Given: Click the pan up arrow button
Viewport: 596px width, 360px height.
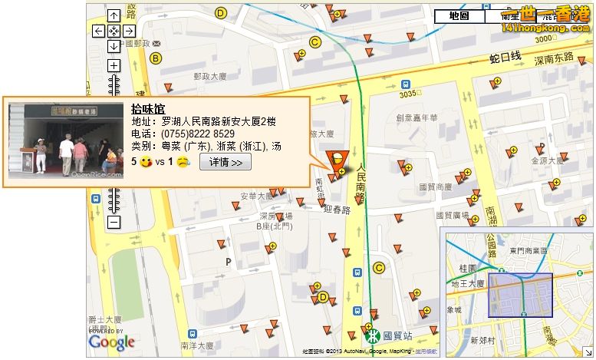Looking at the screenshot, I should (x=114, y=15).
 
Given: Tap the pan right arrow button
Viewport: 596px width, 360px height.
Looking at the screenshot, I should (x=129, y=31).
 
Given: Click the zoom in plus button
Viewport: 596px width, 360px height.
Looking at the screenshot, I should (x=114, y=65).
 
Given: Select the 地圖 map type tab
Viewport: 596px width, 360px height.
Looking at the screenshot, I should (x=459, y=15).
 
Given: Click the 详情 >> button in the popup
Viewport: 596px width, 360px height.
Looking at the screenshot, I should (x=226, y=162).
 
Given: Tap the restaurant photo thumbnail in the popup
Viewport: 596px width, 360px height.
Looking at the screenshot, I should (x=65, y=140).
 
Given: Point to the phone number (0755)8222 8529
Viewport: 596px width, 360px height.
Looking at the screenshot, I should (x=199, y=134).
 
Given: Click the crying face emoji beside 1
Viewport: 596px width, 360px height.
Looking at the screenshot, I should (x=182, y=162).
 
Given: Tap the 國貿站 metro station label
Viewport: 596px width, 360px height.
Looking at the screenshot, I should (x=398, y=335).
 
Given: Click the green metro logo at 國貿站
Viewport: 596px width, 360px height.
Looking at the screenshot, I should (x=372, y=335).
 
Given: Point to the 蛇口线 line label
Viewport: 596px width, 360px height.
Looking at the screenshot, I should (x=506, y=58).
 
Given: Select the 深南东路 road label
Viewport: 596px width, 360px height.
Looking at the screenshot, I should (x=555, y=58).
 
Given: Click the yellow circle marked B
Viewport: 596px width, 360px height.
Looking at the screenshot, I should (x=156, y=58).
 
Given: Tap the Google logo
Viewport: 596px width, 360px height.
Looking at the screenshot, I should (x=112, y=342).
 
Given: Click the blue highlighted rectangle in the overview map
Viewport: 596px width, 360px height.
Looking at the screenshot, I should (x=521, y=295).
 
